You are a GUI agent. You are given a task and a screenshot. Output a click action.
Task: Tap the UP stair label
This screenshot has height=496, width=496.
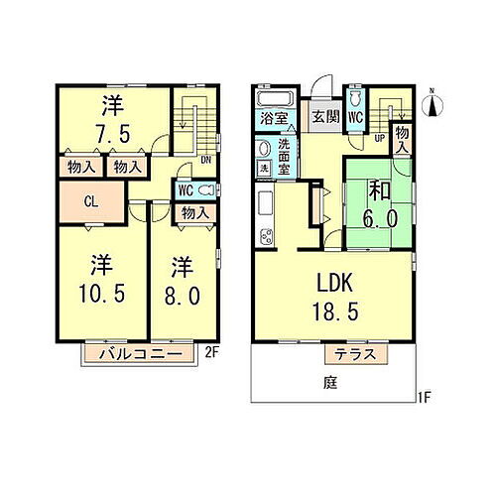tap(380, 137)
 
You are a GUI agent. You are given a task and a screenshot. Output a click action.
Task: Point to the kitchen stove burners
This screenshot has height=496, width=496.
tap(266, 236)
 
